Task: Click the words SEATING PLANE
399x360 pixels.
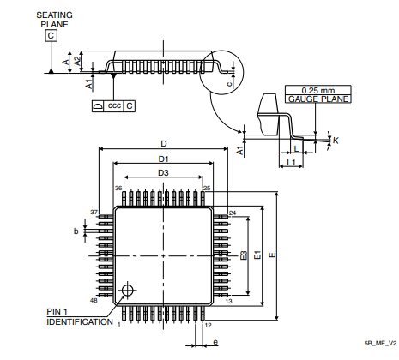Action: pos(52,20)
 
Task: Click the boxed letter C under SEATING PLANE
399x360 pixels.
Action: pos(51,36)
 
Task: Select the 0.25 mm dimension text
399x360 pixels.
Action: pos(306,90)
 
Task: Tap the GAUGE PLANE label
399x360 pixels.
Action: pos(306,99)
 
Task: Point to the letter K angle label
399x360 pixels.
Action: pos(336,139)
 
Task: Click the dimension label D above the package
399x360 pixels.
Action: pos(163,143)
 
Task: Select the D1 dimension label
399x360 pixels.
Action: pos(163,159)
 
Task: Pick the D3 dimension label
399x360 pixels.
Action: pos(163,173)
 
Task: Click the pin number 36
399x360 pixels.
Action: pos(119,188)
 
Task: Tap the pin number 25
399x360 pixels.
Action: pos(206,188)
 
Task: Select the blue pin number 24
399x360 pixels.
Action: pos(233,213)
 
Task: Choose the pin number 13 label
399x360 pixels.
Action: pos(229,301)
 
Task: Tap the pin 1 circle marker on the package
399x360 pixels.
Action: pos(129,289)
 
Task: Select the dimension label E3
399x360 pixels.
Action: pos(244,255)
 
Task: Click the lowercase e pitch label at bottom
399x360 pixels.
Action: pos(215,342)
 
